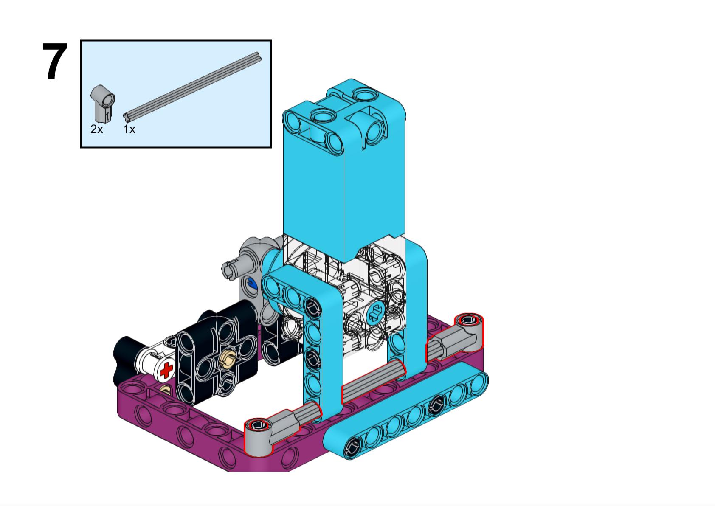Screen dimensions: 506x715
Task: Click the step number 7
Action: (55, 62)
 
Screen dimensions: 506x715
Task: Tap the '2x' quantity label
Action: (96, 129)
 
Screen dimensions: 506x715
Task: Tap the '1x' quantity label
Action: (129, 129)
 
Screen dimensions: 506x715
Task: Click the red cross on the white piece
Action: (166, 370)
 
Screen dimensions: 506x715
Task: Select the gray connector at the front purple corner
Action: (259, 437)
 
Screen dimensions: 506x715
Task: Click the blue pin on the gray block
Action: (251, 284)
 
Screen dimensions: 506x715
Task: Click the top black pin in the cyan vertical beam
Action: (313, 306)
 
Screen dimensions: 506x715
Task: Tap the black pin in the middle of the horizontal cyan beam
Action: (435, 406)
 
